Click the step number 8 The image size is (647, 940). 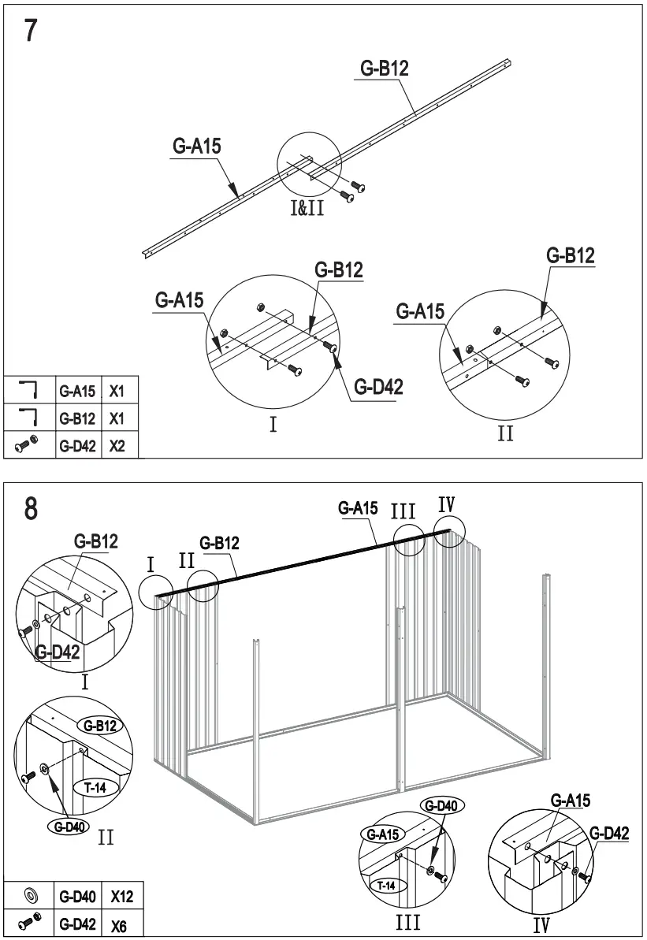(x=30, y=508)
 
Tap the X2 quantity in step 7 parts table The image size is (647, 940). (x=117, y=445)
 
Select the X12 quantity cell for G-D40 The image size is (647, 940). (x=121, y=896)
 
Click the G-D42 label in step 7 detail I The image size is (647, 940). (x=378, y=386)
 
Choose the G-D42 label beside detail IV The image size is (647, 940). (x=608, y=834)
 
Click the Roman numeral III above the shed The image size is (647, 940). (x=403, y=511)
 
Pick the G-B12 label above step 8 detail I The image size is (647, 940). (x=96, y=541)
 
